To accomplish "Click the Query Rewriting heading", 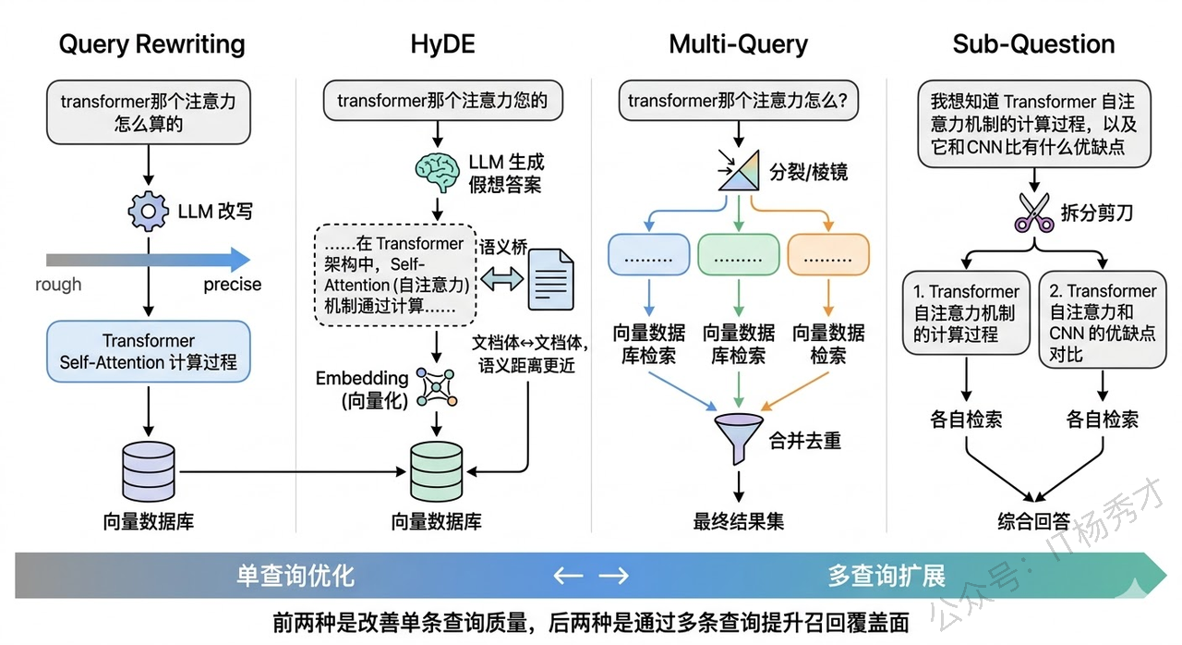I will (x=151, y=44).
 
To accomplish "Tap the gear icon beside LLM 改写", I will (x=148, y=212).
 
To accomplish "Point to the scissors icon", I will (x=1033, y=212).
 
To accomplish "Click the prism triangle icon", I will (x=738, y=172).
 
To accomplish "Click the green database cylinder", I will (x=437, y=470).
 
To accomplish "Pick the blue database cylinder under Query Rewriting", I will (x=148, y=472).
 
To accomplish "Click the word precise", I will (x=233, y=285).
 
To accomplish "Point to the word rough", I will (x=58, y=285).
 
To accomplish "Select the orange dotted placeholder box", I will (x=828, y=256).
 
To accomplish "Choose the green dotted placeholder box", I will (x=738, y=256).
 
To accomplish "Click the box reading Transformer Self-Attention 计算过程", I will (x=148, y=351).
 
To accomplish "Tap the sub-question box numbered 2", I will (x=1102, y=322).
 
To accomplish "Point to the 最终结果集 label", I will (x=738, y=521).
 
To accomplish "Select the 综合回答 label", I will (x=1033, y=521).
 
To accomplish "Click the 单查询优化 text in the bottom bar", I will (x=295, y=576).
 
